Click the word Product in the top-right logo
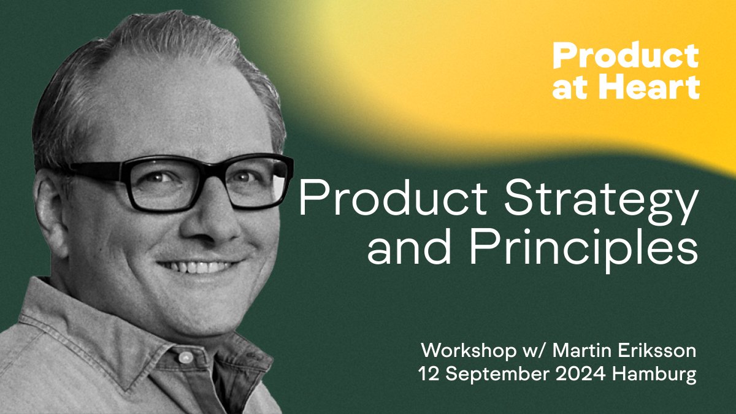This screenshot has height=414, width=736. click(x=626, y=57)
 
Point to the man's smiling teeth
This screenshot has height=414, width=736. click(x=196, y=267)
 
